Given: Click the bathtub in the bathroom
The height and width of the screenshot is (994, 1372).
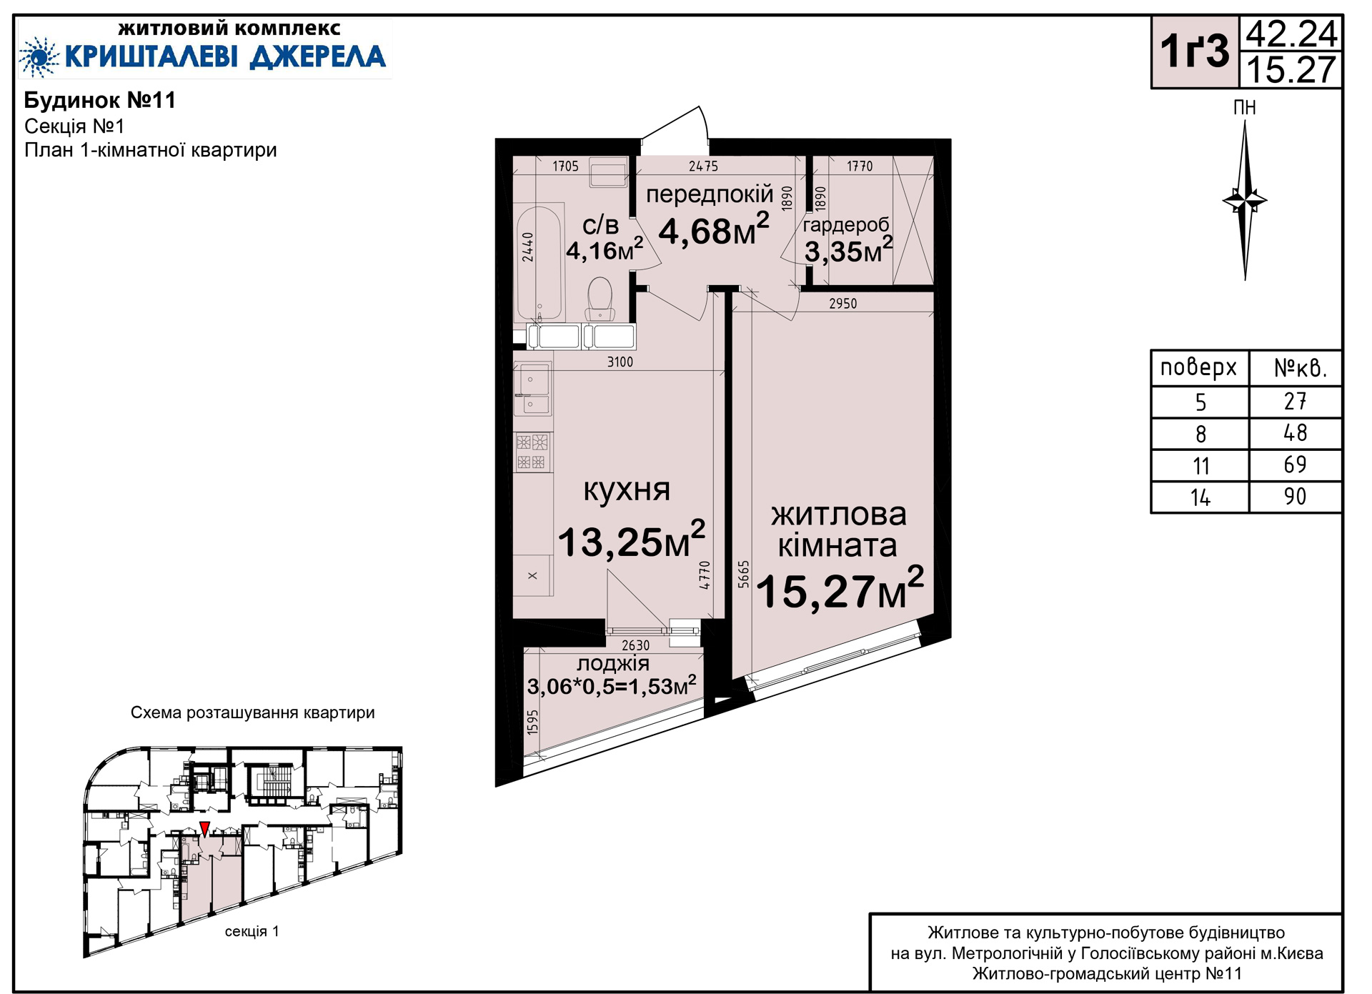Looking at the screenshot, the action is coord(539,263).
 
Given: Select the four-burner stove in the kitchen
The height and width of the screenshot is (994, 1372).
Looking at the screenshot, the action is coord(532,452).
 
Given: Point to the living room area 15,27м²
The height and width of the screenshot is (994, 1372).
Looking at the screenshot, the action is coord(840,589).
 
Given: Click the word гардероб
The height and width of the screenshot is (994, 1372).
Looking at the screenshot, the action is coord(846,225).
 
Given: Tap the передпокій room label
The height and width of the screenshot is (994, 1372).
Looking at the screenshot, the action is coord(710,194).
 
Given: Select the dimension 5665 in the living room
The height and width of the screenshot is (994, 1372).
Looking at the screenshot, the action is coord(744,575).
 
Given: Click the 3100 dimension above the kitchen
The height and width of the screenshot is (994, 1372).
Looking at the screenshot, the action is coord(620,362).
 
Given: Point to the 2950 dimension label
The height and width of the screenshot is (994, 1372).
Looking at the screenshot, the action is coord(843,304).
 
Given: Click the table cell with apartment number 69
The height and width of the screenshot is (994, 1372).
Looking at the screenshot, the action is coord(1295,465).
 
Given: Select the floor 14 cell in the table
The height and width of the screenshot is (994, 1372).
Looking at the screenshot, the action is coord(1200,497).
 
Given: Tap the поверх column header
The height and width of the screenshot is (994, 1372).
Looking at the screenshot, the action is coord(1198,367).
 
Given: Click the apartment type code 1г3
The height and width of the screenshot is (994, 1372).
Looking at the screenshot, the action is coord(1194,51).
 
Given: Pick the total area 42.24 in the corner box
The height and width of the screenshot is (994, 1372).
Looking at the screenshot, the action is coord(1291,34).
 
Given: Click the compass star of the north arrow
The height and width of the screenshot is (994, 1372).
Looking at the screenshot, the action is coord(1245,201).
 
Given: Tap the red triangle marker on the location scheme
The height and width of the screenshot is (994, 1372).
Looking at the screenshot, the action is coord(205,829).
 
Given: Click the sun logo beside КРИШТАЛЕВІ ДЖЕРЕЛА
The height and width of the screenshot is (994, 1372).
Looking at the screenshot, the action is coord(39,56).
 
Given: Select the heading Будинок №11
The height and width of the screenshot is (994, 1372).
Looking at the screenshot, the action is coord(100,100).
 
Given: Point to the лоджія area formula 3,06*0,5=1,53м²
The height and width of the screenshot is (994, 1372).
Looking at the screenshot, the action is coord(612,686).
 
